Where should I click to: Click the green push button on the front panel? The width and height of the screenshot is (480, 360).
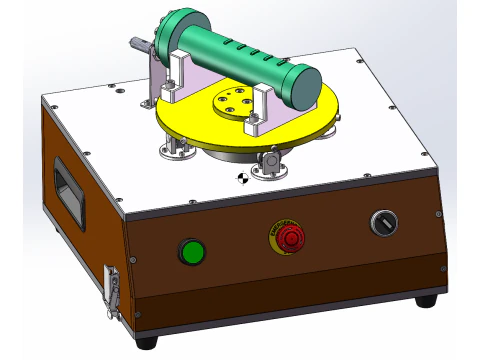[190, 250]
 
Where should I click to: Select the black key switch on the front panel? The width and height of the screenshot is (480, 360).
[382, 223]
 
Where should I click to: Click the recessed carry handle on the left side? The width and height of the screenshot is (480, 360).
[68, 188]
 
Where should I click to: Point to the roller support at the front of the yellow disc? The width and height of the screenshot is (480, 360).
[270, 162]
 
